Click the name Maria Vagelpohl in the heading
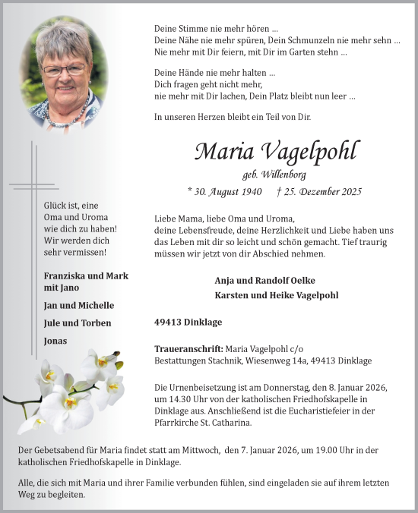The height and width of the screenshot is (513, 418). tap(276, 151)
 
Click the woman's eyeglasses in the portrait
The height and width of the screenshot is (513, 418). tap(65, 69)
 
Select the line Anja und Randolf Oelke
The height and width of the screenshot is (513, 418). tap(264, 280)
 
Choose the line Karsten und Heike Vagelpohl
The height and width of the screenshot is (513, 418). tap(277, 294)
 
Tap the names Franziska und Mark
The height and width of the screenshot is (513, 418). tap(86, 275)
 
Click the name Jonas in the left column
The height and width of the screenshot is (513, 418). tap(55, 341)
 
